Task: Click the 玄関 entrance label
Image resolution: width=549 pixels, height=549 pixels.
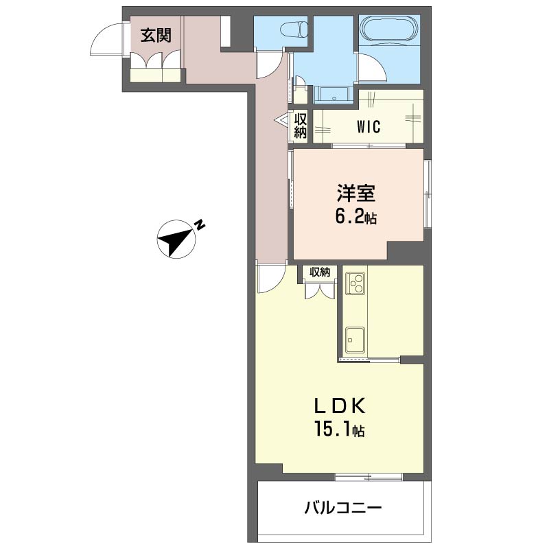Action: click(156, 35)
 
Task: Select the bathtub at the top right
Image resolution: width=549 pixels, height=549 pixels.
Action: click(388, 30)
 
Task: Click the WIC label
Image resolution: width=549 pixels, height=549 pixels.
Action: click(369, 127)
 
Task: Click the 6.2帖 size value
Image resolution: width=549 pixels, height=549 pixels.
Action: click(355, 218)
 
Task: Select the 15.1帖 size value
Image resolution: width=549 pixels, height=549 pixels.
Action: click(339, 431)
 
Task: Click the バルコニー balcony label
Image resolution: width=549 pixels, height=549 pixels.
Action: click(342, 509)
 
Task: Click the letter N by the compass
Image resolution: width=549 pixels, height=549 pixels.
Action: click(200, 224)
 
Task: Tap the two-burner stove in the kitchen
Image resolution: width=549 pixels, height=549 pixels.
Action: click(355, 282)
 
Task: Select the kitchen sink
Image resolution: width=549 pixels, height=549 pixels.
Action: click(355, 338)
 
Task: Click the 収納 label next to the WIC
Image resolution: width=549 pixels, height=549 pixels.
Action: click(301, 126)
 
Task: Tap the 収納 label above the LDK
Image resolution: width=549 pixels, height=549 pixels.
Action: click(320, 272)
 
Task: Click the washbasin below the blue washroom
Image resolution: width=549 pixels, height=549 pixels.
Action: click(334, 95)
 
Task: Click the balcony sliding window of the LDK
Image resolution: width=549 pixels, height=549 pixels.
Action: click(369, 476)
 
